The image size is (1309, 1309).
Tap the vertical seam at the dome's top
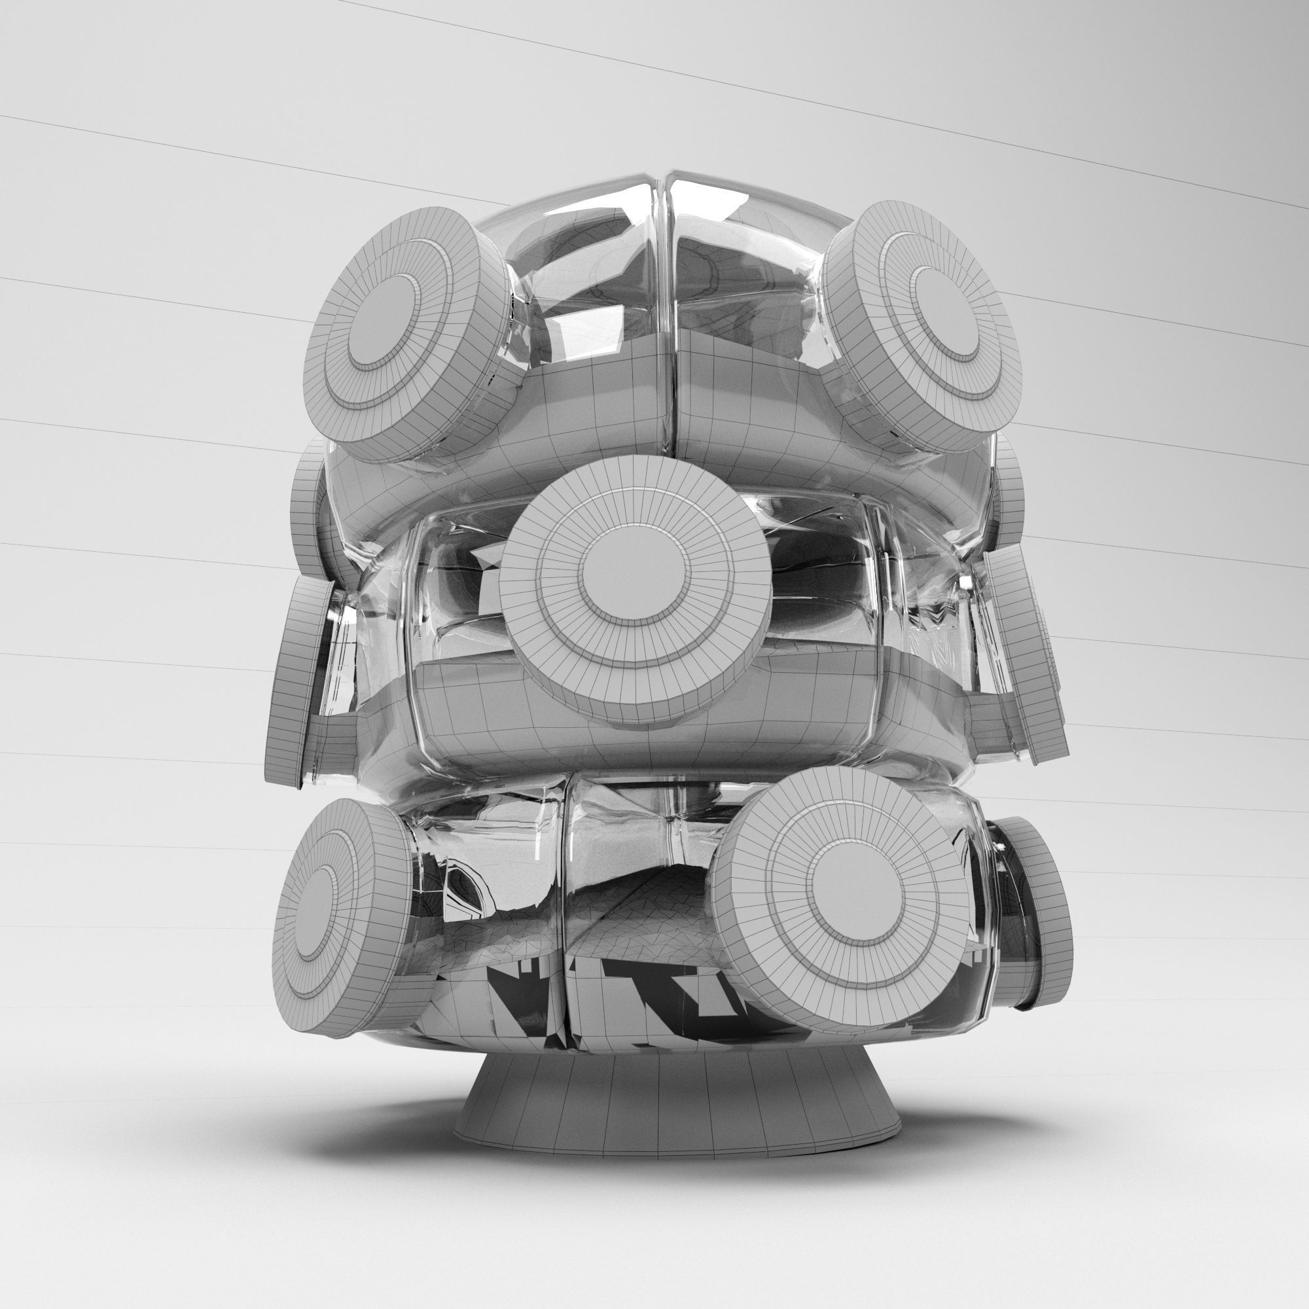tap(661, 224)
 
